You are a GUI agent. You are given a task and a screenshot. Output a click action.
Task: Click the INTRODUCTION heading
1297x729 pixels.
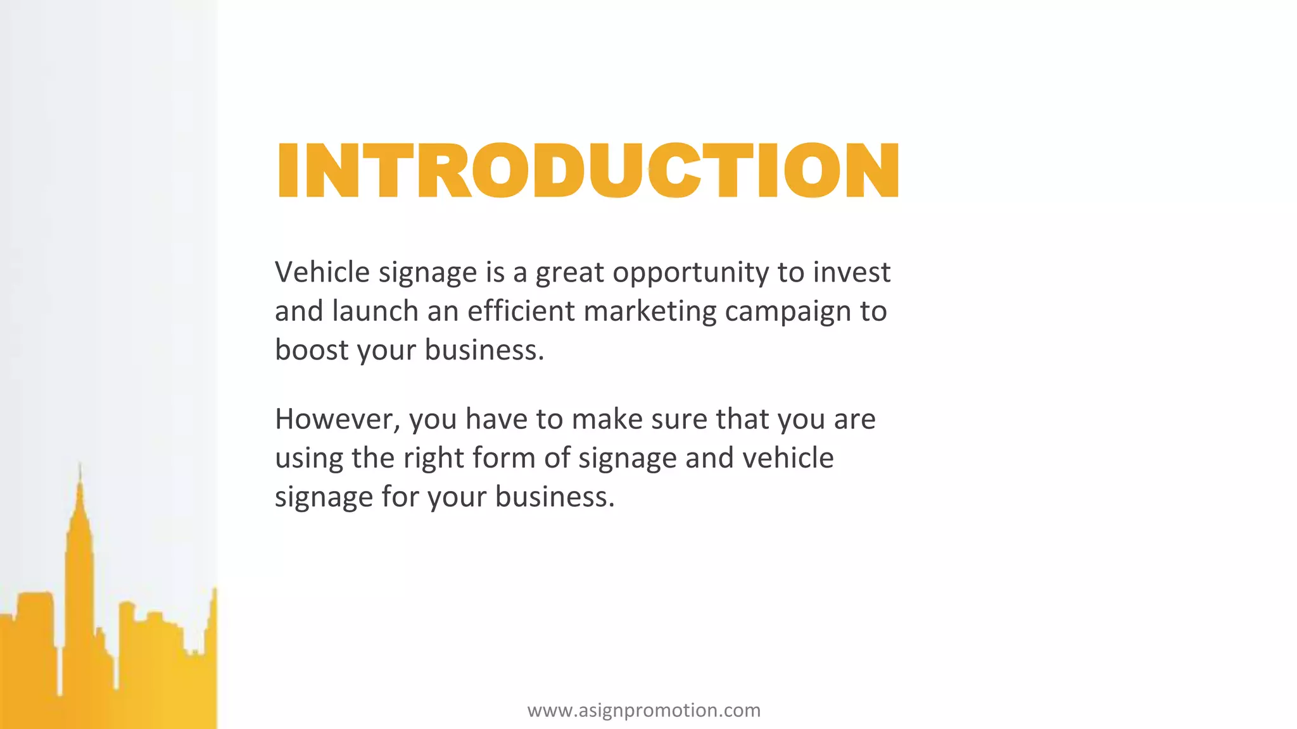pyautogui.click(x=587, y=170)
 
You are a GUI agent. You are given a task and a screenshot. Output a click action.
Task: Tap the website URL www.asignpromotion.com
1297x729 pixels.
pyautogui.click(x=643, y=710)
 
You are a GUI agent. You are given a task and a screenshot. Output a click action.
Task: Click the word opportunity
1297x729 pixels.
pyautogui.click(x=690, y=273)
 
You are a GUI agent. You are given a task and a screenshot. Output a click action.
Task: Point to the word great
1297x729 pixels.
pyautogui.click(x=569, y=273)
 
